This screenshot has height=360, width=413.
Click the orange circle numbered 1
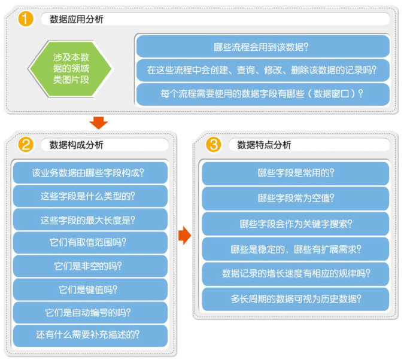26,19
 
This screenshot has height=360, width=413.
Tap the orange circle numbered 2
26,145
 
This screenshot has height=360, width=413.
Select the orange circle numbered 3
213,145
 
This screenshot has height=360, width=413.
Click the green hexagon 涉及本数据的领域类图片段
71,69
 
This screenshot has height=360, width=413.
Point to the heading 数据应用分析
77,19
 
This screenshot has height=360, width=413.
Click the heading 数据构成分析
77,145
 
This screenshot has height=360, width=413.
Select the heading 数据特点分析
264,145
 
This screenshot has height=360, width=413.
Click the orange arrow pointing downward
99,123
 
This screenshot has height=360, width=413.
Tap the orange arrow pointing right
184,236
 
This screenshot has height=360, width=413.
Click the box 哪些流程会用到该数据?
263,47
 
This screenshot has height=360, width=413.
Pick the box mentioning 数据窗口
263,94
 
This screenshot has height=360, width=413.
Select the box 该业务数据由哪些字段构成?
90,173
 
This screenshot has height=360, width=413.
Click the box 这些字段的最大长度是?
90,219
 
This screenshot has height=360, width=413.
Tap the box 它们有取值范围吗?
90,243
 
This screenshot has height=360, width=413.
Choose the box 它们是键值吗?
90,289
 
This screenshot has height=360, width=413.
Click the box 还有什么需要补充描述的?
90,335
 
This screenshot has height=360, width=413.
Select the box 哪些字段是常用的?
295,173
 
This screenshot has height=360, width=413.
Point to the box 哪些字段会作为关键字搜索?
295,224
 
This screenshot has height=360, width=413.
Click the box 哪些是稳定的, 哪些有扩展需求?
295,249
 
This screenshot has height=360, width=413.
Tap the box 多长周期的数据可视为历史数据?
295,299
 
